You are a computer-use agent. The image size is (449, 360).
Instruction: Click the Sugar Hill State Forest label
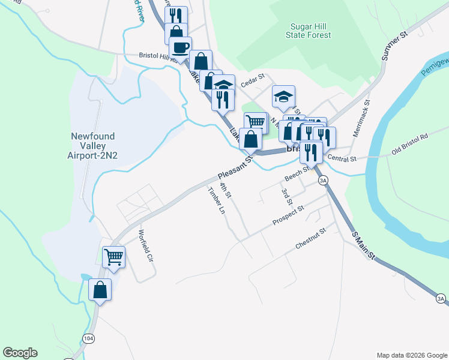[310, 31]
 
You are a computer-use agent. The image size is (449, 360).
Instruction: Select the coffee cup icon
[180, 47]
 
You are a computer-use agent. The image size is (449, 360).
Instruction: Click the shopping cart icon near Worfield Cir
[113, 257]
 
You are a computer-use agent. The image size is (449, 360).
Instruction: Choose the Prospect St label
[288, 215]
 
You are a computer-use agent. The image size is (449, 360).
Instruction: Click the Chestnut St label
[310, 238]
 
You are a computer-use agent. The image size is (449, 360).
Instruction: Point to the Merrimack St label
[363, 118]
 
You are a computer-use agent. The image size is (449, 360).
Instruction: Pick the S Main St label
[363, 245]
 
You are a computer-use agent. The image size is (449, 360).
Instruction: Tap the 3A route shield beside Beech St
[324, 180]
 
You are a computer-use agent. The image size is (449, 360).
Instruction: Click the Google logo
[20, 353]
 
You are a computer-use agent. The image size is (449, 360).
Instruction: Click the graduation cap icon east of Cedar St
[283, 95]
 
